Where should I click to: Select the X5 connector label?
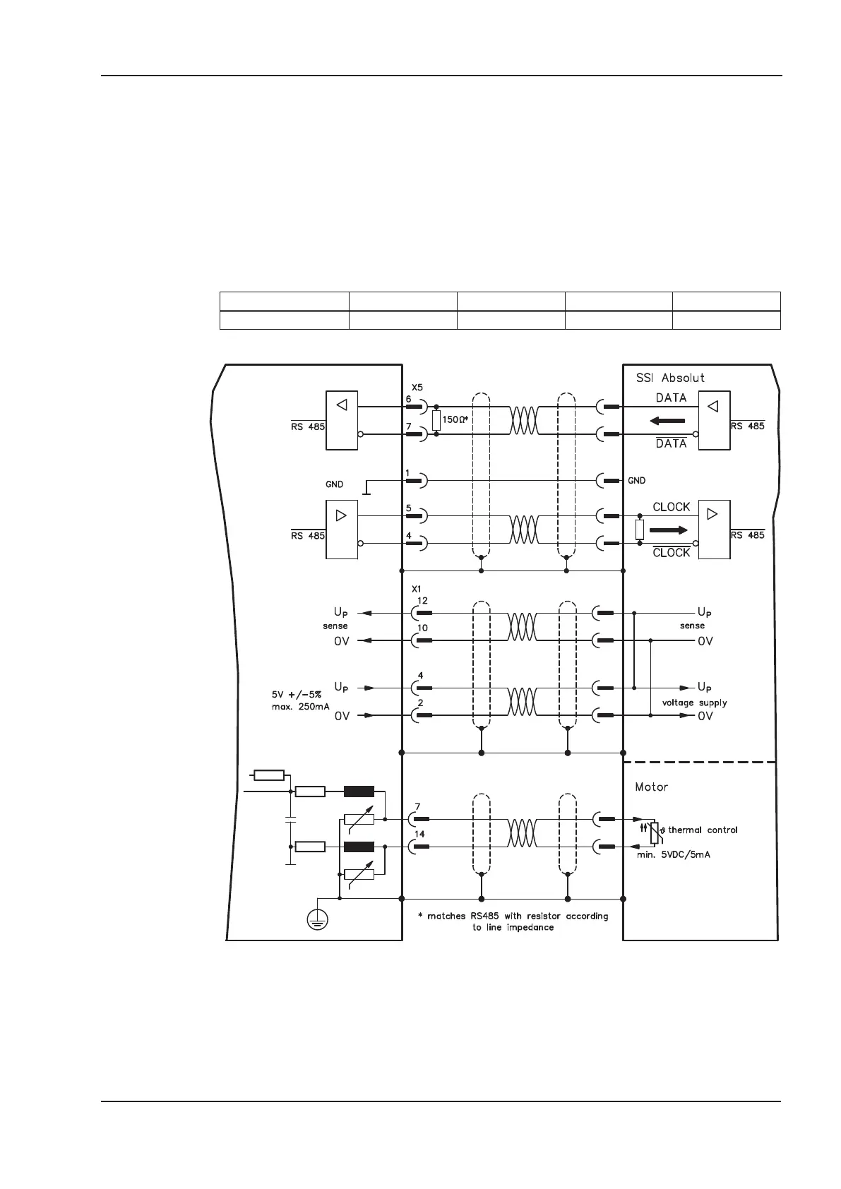click(417, 387)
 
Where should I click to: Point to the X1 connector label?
click(417, 588)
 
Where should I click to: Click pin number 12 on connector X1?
click(422, 601)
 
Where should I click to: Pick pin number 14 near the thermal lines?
click(419, 834)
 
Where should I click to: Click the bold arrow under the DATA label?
click(667, 421)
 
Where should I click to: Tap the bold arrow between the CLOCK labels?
click(667, 530)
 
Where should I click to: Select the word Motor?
click(651, 787)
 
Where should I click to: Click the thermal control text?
click(702, 830)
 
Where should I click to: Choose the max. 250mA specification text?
click(301, 706)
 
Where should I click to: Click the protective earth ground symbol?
click(318, 919)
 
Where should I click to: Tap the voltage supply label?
click(694, 703)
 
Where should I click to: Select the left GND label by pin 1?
click(334, 484)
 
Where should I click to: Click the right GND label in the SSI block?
click(636, 480)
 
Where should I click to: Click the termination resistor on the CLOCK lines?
click(640, 530)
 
